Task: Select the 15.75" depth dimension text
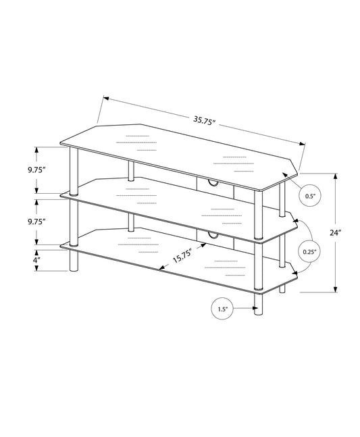tap(182, 256)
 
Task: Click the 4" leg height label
tap(35, 259)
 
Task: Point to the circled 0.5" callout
tap(310, 196)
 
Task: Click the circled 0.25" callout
tap(310, 252)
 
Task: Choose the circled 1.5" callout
tap(222, 309)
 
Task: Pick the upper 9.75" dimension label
tap(36, 170)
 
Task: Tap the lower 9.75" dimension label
tap(36, 221)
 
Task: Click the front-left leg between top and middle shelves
tap(74, 171)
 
